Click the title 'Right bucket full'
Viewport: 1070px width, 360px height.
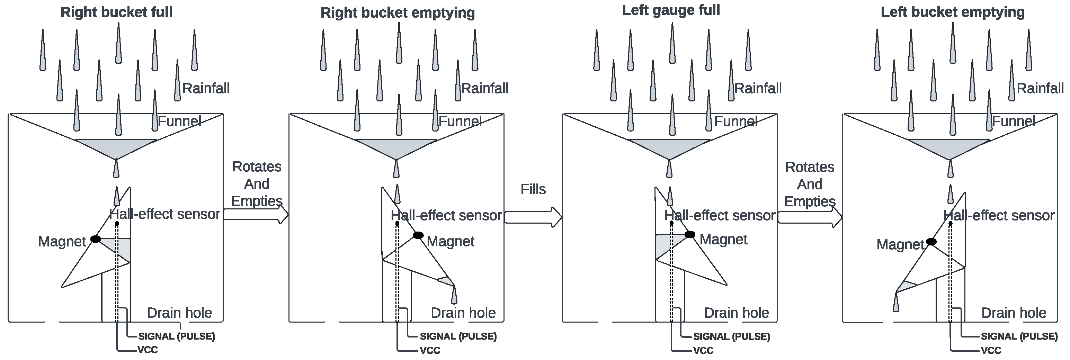click(116, 12)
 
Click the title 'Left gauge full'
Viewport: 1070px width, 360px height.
click(671, 10)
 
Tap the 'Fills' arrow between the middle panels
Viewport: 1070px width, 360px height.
click(533, 217)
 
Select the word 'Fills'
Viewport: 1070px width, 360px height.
click(533, 189)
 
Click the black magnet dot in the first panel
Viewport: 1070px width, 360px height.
click(96, 239)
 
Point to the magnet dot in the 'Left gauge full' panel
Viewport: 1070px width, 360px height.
click(689, 235)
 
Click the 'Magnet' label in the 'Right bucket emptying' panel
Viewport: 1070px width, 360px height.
click(450, 241)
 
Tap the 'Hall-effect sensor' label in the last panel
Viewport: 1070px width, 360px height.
click(999, 215)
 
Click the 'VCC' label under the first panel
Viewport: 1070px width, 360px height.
click(148, 350)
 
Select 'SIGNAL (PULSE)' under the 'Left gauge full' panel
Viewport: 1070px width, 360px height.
click(731, 336)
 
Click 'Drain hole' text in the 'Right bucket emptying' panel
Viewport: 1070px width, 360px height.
click(463, 313)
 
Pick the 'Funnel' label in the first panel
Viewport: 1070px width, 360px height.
click(179, 121)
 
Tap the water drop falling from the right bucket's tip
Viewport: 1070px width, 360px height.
click(454, 295)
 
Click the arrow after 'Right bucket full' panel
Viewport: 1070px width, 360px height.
click(256, 215)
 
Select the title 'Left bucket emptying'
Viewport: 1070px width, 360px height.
click(953, 12)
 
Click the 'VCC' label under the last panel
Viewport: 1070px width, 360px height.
click(991, 350)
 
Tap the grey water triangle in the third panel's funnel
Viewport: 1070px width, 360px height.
click(669, 147)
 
